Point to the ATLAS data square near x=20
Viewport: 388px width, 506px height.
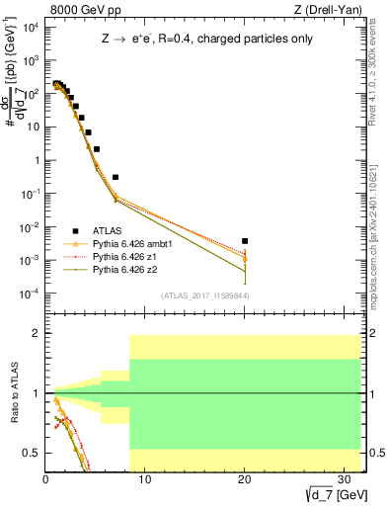point(244,240)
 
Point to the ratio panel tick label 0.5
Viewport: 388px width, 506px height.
point(32,453)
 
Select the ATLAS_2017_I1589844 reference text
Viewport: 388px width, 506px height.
point(206,295)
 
